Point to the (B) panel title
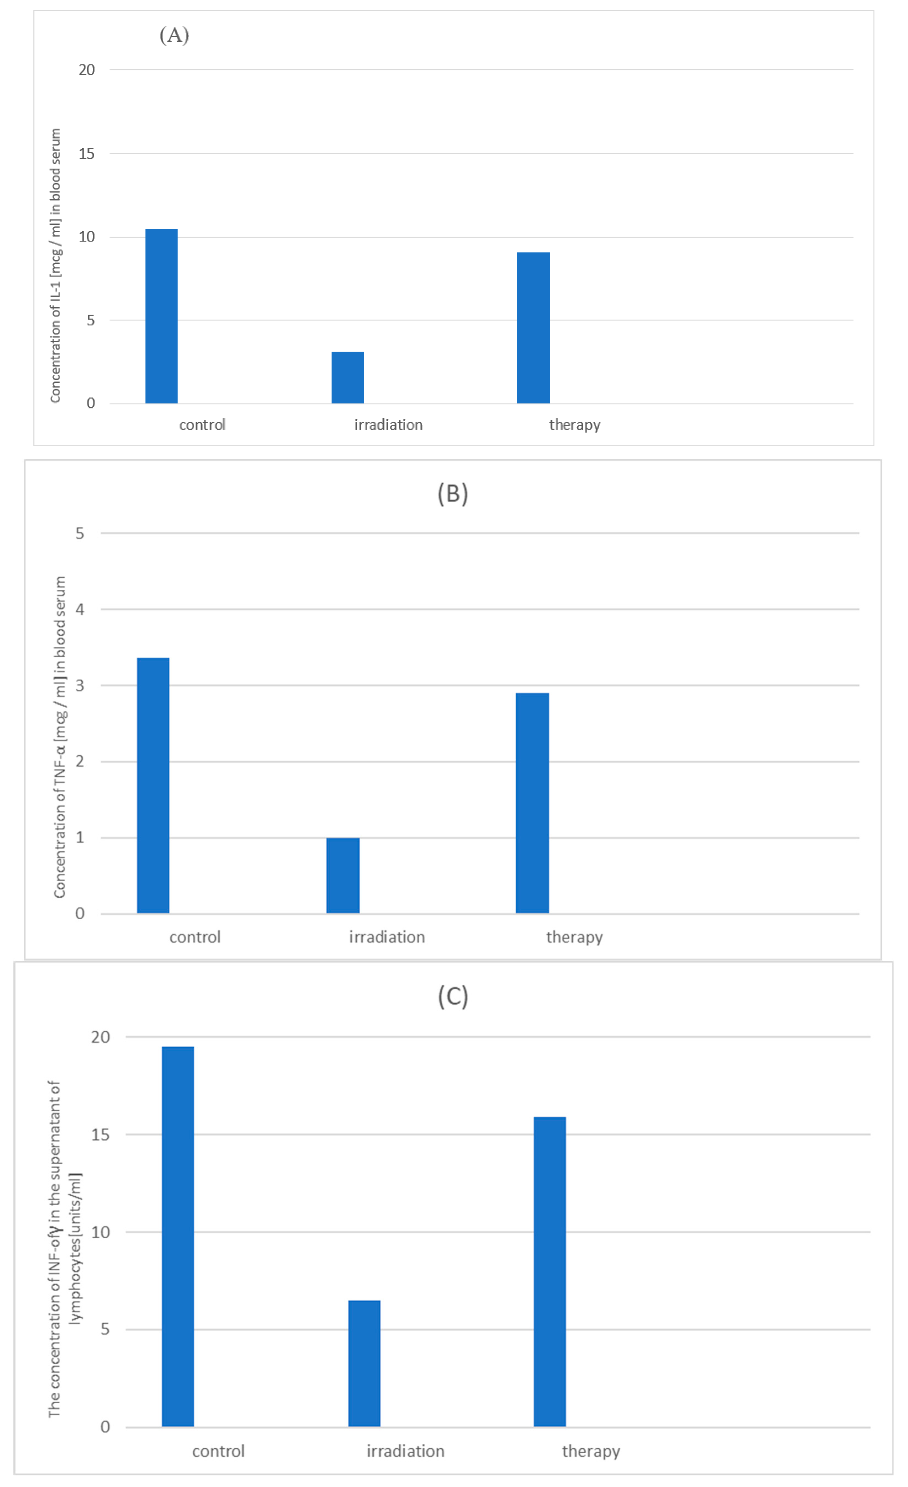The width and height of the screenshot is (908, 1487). pyautogui.click(x=453, y=494)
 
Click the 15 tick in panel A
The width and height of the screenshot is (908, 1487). pyautogui.click(x=86, y=153)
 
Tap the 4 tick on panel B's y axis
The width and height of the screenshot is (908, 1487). pyautogui.click(x=80, y=609)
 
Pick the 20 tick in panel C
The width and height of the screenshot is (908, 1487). pyautogui.click(x=100, y=1037)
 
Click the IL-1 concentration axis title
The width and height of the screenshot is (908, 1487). pyautogui.click(x=55, y=265)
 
